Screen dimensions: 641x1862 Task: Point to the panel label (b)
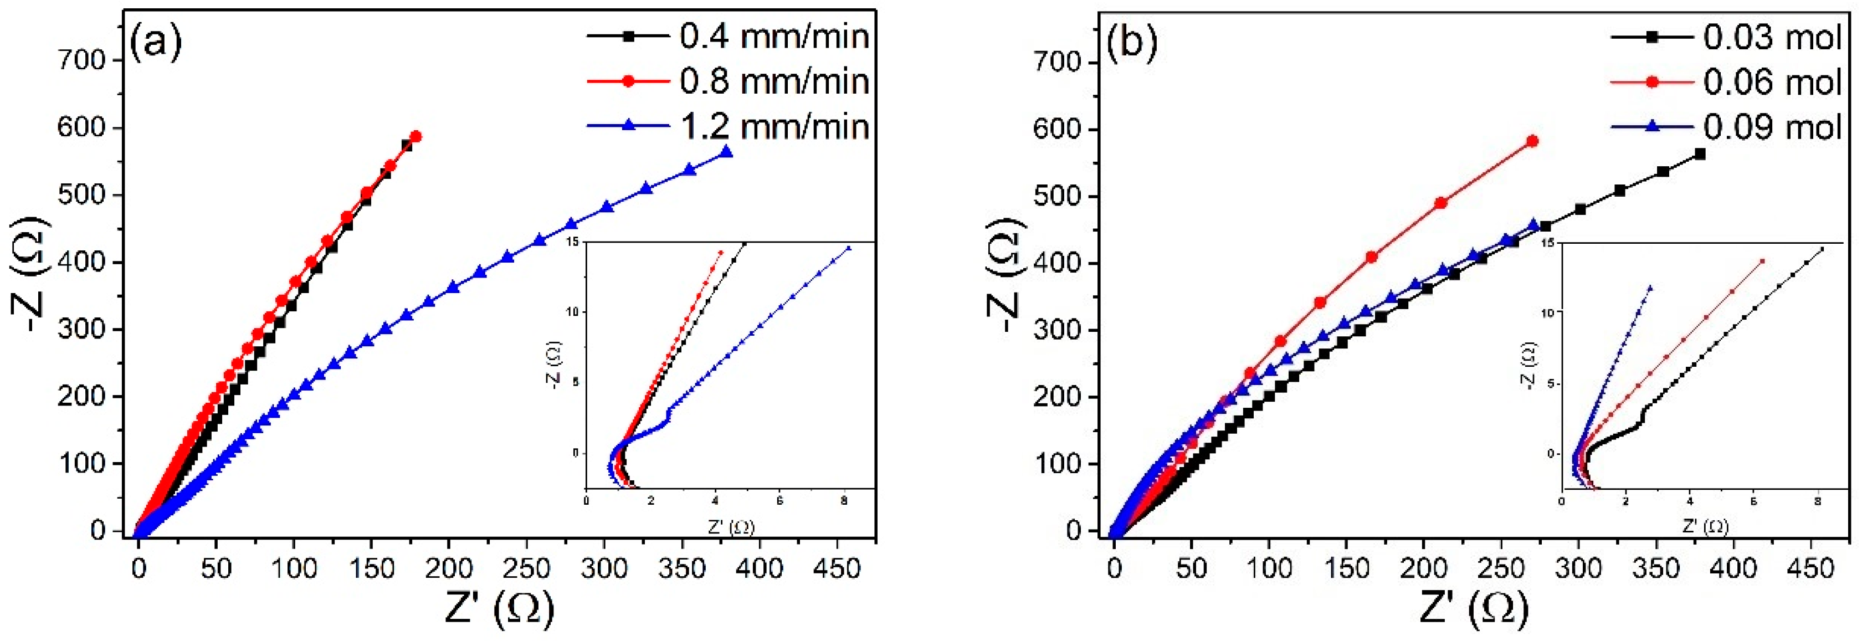pos(1131,43)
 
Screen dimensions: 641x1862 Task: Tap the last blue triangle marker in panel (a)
pos(726,152)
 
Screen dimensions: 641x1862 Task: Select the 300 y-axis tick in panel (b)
pos(1057,330)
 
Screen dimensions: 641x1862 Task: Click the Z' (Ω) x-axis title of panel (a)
pos(499,608)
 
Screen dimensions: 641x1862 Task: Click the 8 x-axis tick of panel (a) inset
pos(844,501)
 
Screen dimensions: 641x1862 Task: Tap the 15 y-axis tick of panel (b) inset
pos(1546,245)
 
